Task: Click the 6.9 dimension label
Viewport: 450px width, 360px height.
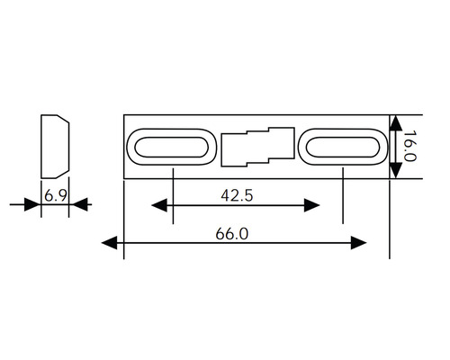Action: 55,195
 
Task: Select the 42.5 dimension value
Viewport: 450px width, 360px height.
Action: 237,195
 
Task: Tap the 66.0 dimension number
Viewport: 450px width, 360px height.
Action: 232,234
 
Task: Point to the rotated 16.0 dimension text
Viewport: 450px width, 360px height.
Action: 409,146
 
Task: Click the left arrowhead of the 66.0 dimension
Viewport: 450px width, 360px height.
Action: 110,242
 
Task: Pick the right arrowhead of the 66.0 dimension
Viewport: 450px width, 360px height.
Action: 358,243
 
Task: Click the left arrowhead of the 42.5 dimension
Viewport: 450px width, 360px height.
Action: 159,205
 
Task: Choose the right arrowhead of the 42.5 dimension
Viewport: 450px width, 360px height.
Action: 311,205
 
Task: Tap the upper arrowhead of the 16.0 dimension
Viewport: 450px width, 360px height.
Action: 396,123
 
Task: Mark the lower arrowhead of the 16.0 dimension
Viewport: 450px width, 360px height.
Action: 396,170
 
